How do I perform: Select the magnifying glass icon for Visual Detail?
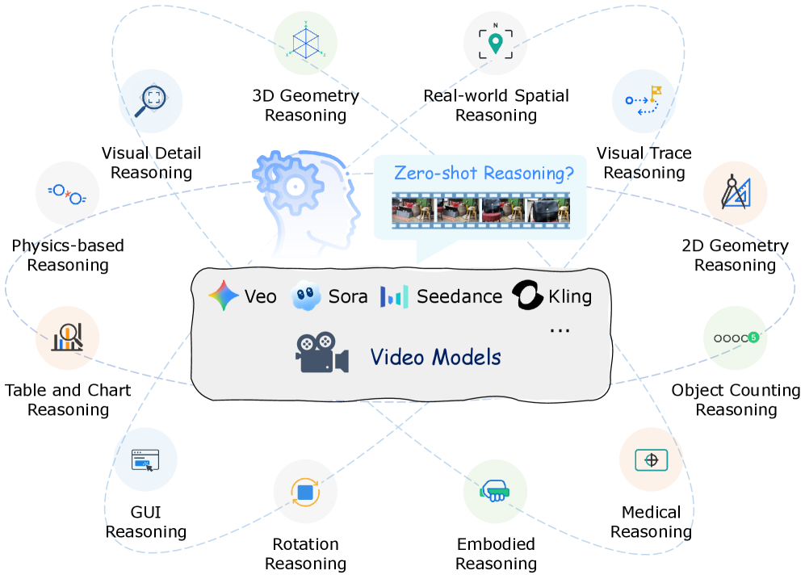[x=152, y=100]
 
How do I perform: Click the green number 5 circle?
[x=753, y=338]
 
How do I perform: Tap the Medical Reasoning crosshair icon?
[x=651, y=459]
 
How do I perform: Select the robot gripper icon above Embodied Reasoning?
[x=494, y=490]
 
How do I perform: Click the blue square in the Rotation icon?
[x=305, y=491]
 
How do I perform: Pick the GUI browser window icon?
[x=145, y=461]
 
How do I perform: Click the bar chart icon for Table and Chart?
[x=68, y=337]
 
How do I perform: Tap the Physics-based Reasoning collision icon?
[x=68, y=194]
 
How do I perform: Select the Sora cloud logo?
[x=306, y=296]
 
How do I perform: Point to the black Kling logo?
[x=528, y=296]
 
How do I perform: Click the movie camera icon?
[x=321, y=354]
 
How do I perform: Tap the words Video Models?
[x=436, y=357]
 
